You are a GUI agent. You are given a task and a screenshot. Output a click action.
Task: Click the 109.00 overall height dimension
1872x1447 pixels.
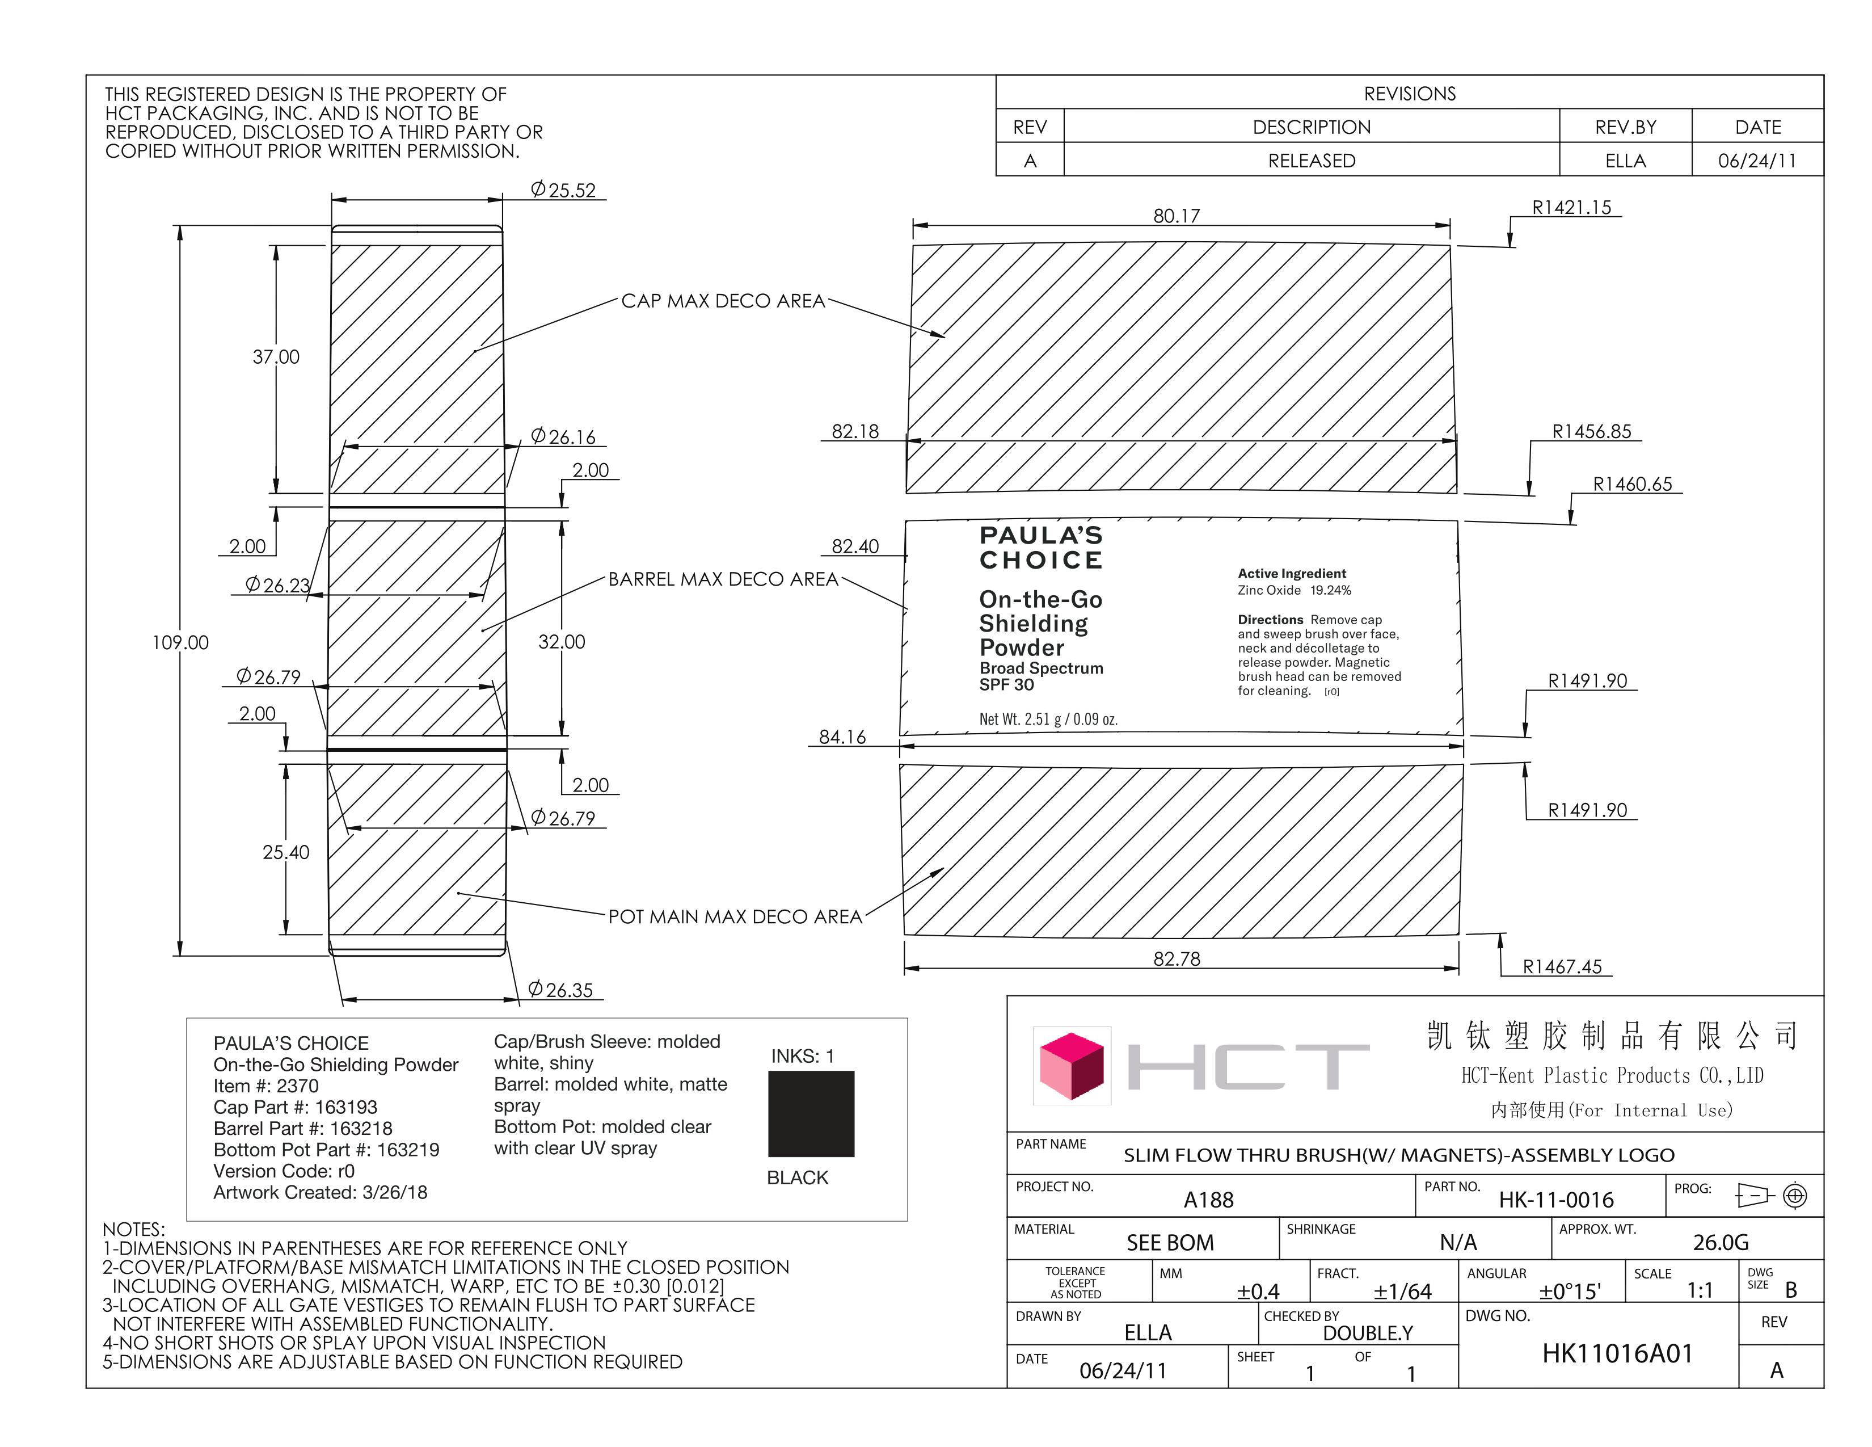180,642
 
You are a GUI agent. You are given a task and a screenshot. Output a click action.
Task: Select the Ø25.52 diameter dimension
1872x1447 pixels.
563,190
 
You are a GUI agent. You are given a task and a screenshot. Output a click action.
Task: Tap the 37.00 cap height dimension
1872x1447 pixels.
276,356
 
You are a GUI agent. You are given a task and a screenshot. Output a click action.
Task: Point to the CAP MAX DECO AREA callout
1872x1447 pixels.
723,301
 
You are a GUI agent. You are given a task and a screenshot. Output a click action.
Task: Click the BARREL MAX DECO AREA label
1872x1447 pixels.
723,579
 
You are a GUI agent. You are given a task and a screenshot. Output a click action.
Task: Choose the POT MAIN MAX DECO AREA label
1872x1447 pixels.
735,916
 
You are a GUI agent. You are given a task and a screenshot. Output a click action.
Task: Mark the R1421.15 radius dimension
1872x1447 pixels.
1571,208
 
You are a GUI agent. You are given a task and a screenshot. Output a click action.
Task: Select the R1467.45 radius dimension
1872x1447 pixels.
1562,967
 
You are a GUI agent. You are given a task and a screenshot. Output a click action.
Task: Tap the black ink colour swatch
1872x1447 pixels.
811,1113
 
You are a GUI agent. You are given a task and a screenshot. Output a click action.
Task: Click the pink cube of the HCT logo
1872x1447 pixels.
1072,1066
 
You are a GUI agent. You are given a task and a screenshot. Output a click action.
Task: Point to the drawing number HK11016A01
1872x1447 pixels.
1617,1353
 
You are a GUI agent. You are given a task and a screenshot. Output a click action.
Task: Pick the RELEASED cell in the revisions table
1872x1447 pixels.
1312,160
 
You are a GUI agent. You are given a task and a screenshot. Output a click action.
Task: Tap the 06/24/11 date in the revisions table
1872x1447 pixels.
1757,160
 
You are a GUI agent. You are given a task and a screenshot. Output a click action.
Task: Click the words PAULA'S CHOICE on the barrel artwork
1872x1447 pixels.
1040,548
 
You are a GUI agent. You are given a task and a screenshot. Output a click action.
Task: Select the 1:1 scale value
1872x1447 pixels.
1699,1290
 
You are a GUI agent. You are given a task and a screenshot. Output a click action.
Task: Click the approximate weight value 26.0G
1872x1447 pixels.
1721,1242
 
